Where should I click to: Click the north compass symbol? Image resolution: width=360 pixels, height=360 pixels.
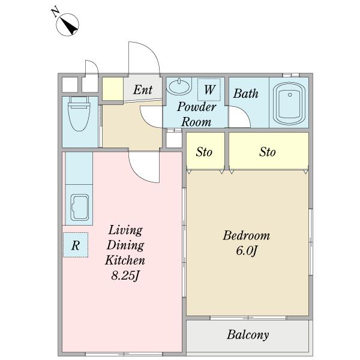pyautogui.click(x=68, y=25)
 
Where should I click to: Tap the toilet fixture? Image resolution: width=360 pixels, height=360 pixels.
pyautogui.click(x=79, y=114)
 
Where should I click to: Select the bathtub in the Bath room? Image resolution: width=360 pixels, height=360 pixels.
pyautogui.click(x=289, y=103)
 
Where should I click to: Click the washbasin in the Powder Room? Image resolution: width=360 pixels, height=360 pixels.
pyautogui.click(x=179, y=86)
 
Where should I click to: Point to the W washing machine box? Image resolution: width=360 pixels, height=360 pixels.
pyautogui.click(x=209, y=89)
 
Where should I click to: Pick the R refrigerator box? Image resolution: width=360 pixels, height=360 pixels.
pyautogui.click(x=76, y=245)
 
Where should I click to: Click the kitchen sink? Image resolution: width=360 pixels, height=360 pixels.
pyautogui.click(x=79, y=208)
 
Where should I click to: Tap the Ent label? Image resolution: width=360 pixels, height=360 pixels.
pyautogui.click(x=143, y=89)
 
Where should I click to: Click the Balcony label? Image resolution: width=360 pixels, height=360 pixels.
pyautogui.click(x=248, y=335)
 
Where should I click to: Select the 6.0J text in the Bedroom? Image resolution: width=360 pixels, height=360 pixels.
pyautogui.click(x=246, y=250)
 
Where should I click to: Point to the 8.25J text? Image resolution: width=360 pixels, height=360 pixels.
pyautogui.click(x=125, y=275)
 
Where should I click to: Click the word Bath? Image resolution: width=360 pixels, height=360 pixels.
pyautogui.click(x=245, y=94)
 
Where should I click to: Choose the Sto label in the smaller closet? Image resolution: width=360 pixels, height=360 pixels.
pyautogui.click(x=204, y=152)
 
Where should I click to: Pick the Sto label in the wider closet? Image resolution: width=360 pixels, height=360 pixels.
pyautogui.click(x=268, y=152)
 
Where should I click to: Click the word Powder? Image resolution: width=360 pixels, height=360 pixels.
pyautogui.click(x=197, y=107)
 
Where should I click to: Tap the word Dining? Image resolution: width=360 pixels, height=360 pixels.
pyautogui.click(x=125, y=245)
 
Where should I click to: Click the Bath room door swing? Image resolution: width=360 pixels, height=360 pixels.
pyautogui.click(x=244, y=113)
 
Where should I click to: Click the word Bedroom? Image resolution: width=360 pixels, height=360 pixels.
pyautogui.click(x=247, y=236)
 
